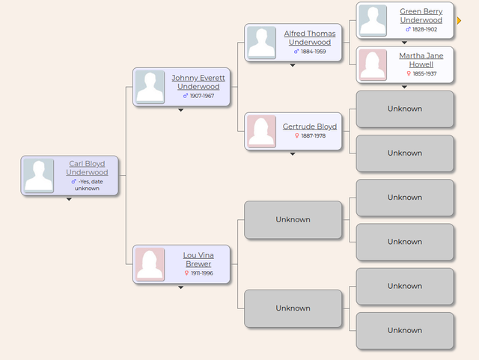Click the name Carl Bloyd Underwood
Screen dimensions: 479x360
[x=87, y=168]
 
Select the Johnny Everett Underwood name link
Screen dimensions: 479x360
[x=198, y=82]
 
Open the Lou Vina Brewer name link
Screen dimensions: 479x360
[x=198, y=260]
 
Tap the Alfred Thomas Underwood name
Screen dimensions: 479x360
[x=310, y=38]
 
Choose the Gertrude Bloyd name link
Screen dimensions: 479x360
[x=310, y=126]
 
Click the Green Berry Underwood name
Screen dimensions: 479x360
[x=421, y=16]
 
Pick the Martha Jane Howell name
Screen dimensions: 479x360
[x=421, y=60]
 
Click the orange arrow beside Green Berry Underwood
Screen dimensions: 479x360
[x=459, y=20]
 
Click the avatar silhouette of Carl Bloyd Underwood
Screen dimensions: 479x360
[x=39, y=175]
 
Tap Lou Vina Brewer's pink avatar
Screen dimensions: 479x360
[x=150, y=264]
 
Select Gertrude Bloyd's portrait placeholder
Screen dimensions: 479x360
[x=261, y=132]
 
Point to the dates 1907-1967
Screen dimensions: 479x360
[x=202, y=96]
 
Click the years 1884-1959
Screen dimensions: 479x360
[x=314, y=52]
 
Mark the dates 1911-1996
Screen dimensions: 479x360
[x=202, y=273]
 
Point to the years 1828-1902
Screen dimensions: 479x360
[x=424, y=29]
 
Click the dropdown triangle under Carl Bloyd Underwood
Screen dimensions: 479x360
[x=69, y=199]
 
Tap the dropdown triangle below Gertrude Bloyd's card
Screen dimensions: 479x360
[x=293, y=154]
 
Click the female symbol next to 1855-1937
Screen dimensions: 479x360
[x=409, y=73]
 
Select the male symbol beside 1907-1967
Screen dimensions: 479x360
[x=186, y=96]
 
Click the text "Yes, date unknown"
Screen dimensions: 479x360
[x=88, y=185]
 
